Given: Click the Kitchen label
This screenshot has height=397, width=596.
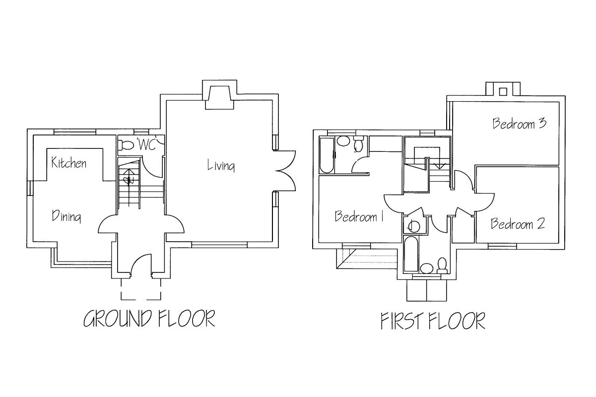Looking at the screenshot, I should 69,163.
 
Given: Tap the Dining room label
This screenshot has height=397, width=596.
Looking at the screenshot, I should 66,216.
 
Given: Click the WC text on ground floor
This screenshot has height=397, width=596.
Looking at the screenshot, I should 147,145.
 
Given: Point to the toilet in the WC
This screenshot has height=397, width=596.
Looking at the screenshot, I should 128,145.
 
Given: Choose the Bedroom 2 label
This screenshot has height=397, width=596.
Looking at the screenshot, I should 518,224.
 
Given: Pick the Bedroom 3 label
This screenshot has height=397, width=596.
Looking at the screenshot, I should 519,124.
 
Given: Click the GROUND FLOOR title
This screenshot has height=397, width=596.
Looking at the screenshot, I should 149,319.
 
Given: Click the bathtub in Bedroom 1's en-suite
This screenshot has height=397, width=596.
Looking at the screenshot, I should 327,155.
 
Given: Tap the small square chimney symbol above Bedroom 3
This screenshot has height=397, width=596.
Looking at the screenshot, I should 503,91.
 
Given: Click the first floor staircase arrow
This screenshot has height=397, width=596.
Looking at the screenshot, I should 439,166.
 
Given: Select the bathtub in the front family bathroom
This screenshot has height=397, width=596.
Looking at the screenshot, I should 411,254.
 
